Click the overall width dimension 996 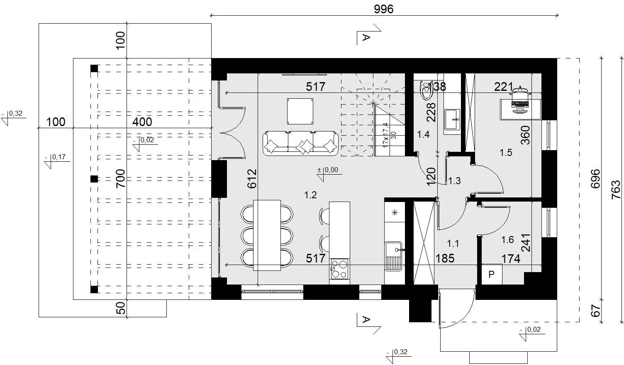[x=384, y=9]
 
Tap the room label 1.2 [x=310, y=195]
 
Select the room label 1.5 [x=506, y=153]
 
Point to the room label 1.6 [x=507, y=240]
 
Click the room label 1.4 [x=423, y=135]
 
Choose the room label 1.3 [x=454, y=181]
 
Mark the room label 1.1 [x=453, y=244]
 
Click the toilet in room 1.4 [x=426, y=90]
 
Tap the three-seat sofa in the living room [x=300, y=144]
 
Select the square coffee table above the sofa [x=300, y=111]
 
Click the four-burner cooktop [x=339, y=269]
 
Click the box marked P [x=492, y=274]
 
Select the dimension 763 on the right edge [x=616, y=190]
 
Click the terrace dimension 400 [x=142, y=122]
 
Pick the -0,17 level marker [x=57, y=161]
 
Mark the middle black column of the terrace [x=94, y=179]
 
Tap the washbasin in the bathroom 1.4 [x=452, y=120]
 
